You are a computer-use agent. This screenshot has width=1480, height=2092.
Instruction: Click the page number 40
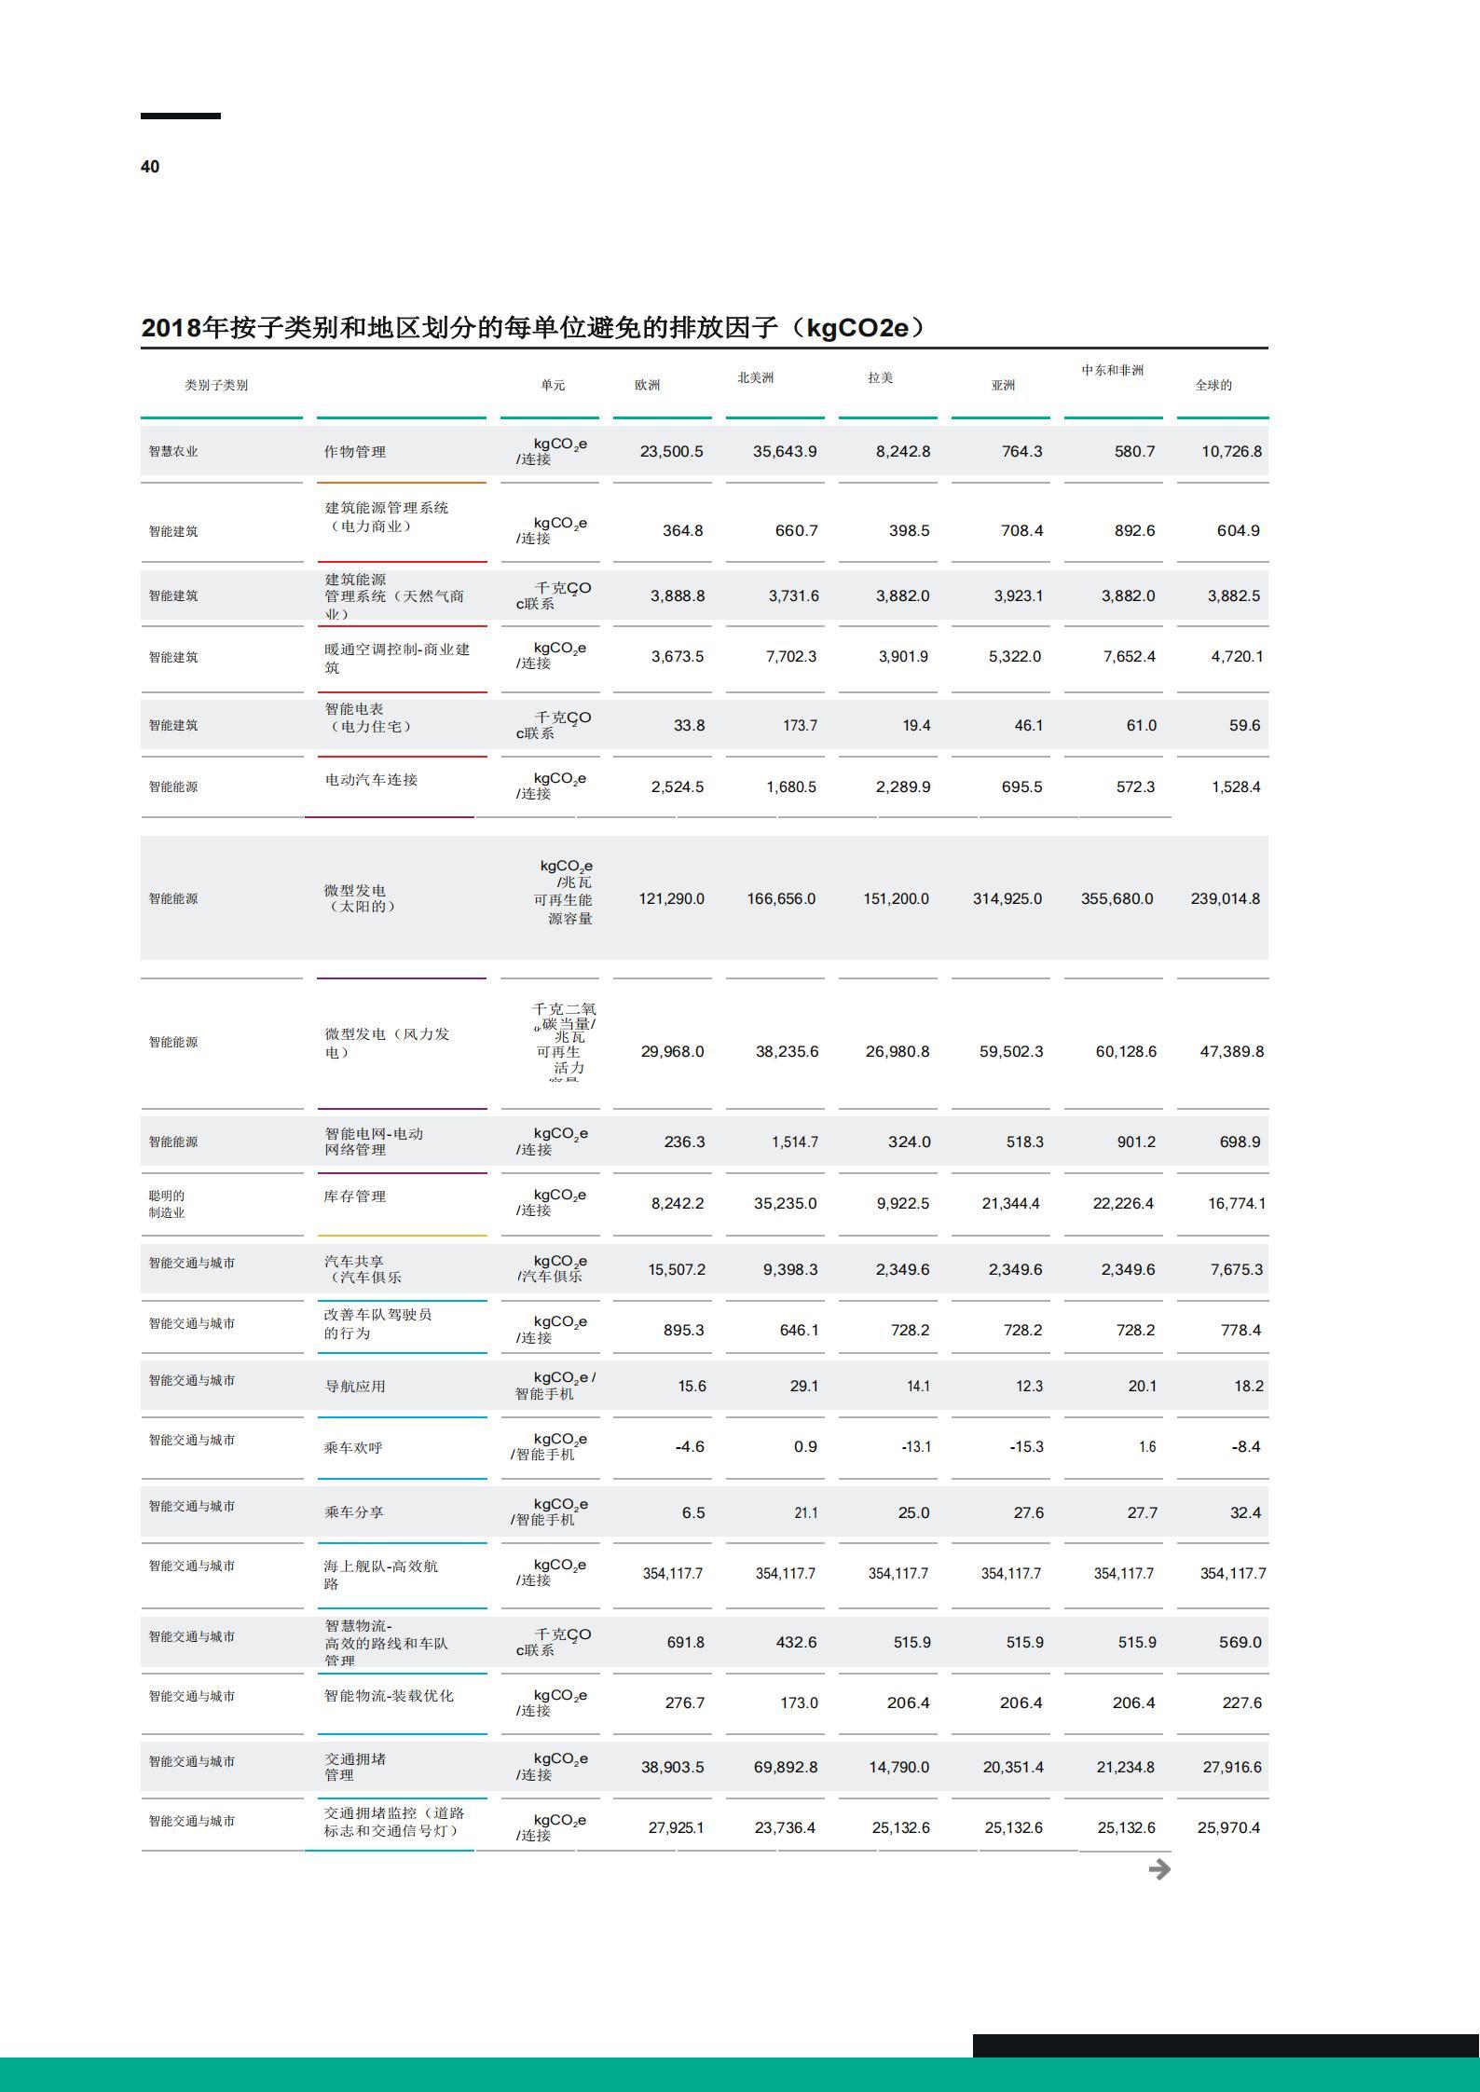[150, 167]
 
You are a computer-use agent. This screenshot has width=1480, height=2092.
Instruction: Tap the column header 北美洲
[755, 377]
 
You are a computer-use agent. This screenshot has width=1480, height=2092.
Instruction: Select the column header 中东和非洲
[1112, 370]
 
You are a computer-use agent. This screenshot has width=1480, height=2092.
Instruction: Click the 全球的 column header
[1213, 385]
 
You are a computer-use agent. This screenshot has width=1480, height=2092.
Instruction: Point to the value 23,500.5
[671, 451]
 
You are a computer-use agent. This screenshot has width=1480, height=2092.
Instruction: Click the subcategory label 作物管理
[354, 452]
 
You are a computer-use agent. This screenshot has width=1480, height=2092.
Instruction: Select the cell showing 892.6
[1134, 530]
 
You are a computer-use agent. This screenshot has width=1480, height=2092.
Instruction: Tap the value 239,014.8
[1225, 898]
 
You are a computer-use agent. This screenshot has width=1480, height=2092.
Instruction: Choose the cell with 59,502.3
[1010, 1051]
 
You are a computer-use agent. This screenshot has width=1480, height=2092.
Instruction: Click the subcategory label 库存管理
[354, 1196]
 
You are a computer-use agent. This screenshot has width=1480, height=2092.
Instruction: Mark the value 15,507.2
[677, 1269]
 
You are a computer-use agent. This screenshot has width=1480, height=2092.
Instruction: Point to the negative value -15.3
[1026, 1446]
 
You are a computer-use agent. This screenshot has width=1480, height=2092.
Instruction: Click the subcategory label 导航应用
[354, 1386]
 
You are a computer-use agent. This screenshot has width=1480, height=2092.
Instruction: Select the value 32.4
[1245, 1512]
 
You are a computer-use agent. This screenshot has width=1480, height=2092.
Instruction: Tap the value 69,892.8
[785, 1767]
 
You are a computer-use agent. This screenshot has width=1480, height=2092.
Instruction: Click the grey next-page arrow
[1159, 1869]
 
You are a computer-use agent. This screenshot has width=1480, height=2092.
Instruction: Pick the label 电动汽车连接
[371, 779]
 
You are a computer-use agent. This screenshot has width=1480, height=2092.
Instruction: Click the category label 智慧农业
[173, 451]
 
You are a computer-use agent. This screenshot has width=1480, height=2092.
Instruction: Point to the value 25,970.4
[1228, 1827]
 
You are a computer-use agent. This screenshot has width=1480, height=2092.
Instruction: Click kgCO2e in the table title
[856, 328]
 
